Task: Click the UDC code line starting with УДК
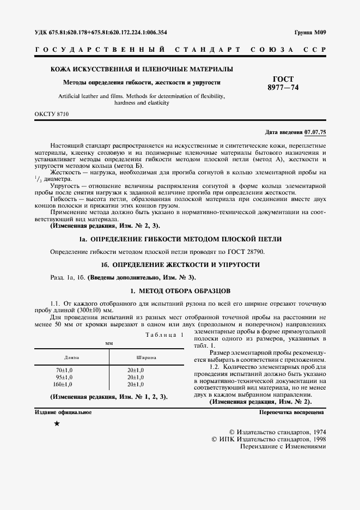pos(101,32)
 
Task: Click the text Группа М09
pos(309,32)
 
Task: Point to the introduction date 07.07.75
pos(315,132)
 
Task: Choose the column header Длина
pos(72,357)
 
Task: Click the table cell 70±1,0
pos(64,370)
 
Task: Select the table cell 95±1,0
pos(64,377)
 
